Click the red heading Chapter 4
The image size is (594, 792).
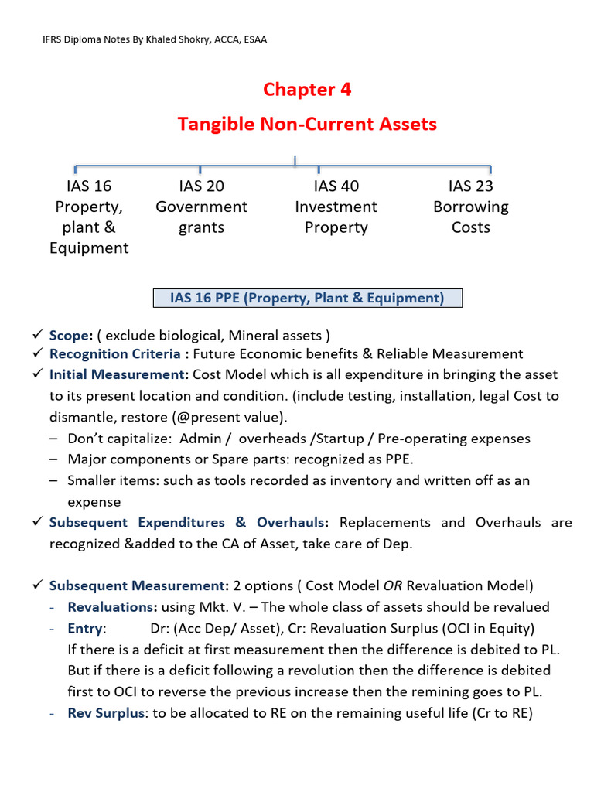[306, 90]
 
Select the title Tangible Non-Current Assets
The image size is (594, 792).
[307, 124]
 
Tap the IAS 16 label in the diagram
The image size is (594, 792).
[89, 186]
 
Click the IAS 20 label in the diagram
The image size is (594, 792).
[201, 186]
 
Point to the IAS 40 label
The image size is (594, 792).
[336, 186]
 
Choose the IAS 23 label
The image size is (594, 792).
[470, 186]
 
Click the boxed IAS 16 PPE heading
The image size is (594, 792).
[306, 299]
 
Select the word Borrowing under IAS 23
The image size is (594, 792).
[470, 207]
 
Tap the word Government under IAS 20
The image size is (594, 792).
[201, 207]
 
